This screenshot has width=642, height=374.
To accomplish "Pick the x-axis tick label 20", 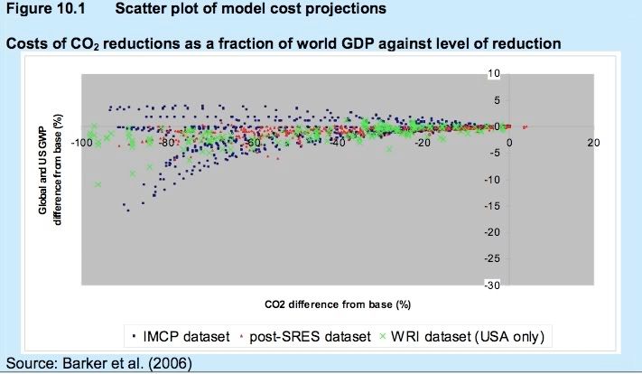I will [x=593, y=144].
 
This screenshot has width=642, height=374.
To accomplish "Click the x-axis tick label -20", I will [x=422, y=144].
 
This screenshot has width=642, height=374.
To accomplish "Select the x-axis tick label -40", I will [x=339, y=144].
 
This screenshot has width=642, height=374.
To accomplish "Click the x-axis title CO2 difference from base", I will [x=339, y=302].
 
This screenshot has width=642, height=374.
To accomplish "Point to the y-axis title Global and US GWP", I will [x=42, y=172].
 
